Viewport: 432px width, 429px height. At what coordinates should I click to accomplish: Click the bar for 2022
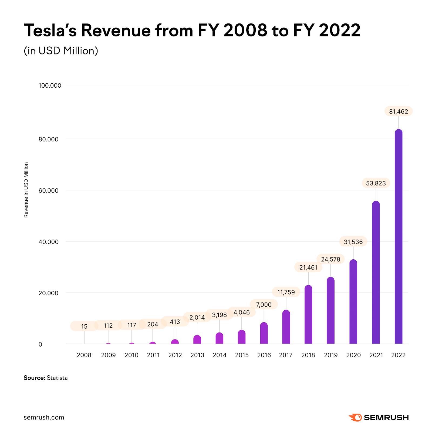(x=398, y=237)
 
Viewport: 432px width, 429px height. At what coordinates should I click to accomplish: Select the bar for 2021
(x=376, y=272)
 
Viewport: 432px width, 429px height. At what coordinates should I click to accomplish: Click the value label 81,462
(x=398, y=111)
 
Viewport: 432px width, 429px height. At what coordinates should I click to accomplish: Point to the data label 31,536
(x=353, y=242)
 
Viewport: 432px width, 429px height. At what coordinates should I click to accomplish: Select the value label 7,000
(x=264, y=304)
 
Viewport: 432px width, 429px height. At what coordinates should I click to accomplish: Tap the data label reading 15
(x=84, y=326)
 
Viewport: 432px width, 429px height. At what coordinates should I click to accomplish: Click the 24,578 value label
(x=330, y=259)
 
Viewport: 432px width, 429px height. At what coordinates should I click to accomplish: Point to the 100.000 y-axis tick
(x=50, y=85)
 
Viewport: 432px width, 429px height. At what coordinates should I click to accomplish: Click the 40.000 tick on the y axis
(x=49, y=242)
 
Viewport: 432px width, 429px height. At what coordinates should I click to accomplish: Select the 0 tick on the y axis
(x=40, y=344)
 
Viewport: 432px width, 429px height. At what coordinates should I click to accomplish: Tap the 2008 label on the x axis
(x=84, y=355)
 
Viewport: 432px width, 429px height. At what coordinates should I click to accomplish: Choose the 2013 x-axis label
(x=197, y=355)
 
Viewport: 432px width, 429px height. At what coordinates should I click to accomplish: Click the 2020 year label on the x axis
(x=353, y=355)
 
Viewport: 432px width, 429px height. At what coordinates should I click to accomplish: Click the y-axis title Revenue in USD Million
(x=26, y=190)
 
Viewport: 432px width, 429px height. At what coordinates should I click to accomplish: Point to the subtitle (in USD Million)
(x=61, y=51)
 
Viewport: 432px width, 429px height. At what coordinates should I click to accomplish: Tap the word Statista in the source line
(x=57, y=378)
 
